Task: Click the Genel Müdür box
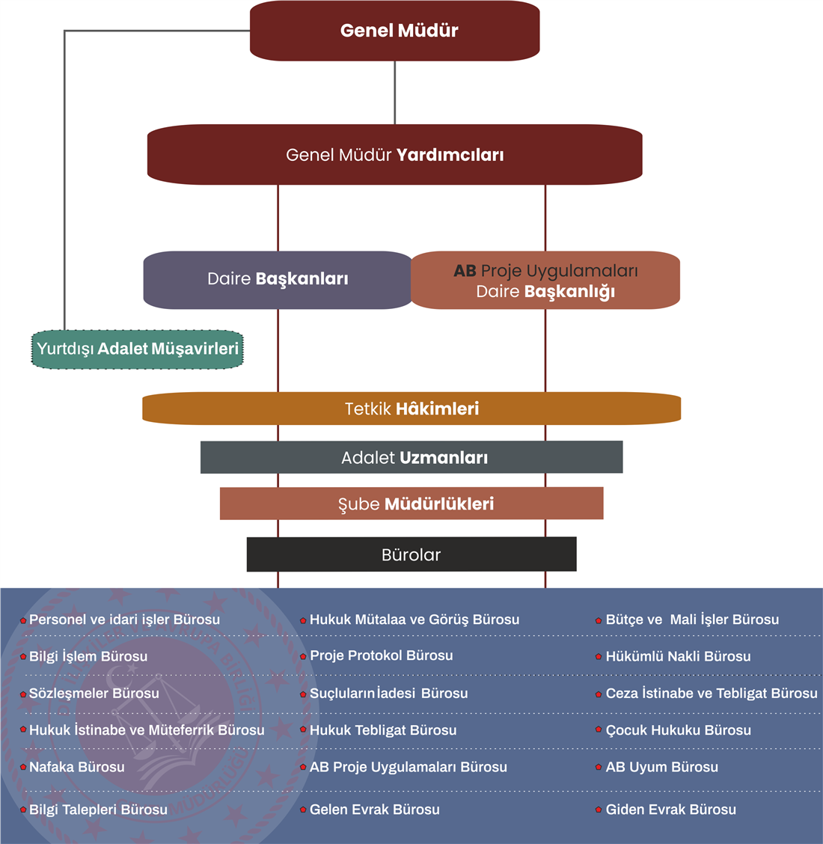395,31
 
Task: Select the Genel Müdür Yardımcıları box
395,155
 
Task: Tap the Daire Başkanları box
278,279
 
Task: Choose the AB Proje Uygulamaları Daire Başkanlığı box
545,281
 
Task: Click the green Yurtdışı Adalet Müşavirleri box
138,349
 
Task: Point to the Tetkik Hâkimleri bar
411,409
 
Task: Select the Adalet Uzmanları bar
411,457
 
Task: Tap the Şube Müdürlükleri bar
411,504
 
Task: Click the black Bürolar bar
411,554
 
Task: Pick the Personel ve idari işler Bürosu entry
124,620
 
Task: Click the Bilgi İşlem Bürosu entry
88,656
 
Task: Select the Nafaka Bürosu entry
77,767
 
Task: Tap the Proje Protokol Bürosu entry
382,655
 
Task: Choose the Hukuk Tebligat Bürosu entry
383,730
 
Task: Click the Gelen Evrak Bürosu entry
375,810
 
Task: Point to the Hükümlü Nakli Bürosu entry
678,656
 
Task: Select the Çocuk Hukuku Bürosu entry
678,730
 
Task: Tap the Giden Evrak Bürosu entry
670,810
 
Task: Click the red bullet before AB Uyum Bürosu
599,768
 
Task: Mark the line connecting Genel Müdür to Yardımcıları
395,93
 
